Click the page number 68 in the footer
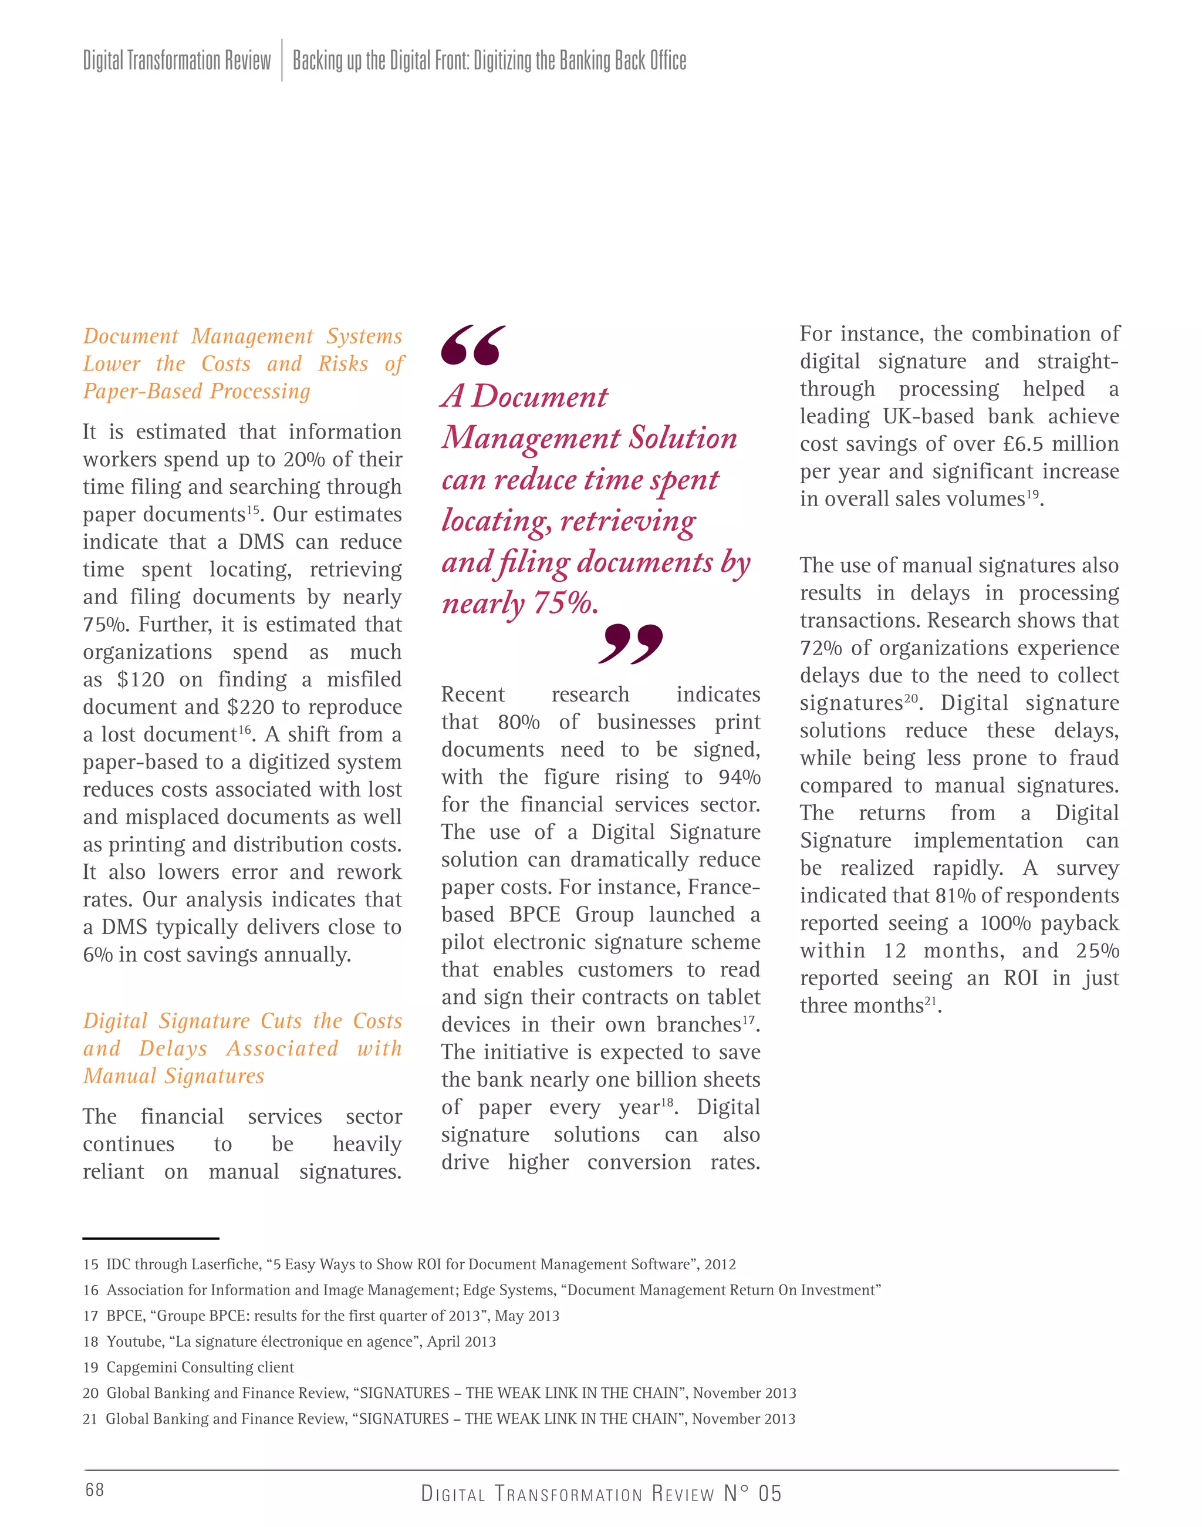point(94,1489)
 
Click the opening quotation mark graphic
point(473,345)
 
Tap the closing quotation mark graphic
point(630,643)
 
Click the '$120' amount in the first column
point(141,679)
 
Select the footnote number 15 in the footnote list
point(90,1265)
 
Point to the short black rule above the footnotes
point(151,1238)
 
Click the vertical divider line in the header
point(282,60)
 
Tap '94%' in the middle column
point(740,777)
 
